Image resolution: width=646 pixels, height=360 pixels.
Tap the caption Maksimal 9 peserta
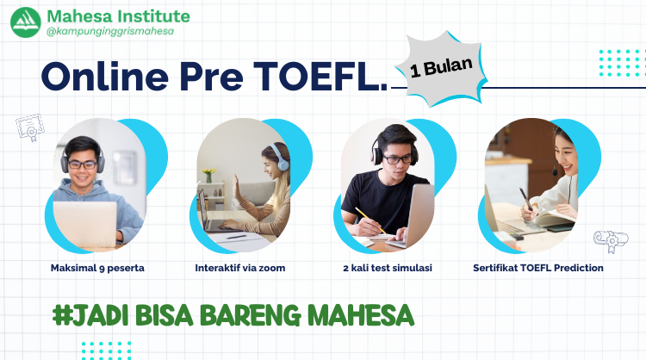97,268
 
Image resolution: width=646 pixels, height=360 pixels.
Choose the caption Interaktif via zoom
240,268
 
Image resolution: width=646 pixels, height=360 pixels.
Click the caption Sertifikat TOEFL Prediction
538,268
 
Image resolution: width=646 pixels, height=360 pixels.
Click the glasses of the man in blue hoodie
83,164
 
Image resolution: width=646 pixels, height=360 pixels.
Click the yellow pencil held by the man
365,216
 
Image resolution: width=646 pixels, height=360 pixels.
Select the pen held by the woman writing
523,197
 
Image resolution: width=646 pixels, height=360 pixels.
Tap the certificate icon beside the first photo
28,128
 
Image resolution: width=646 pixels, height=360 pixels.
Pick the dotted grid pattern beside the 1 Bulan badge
619,63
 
